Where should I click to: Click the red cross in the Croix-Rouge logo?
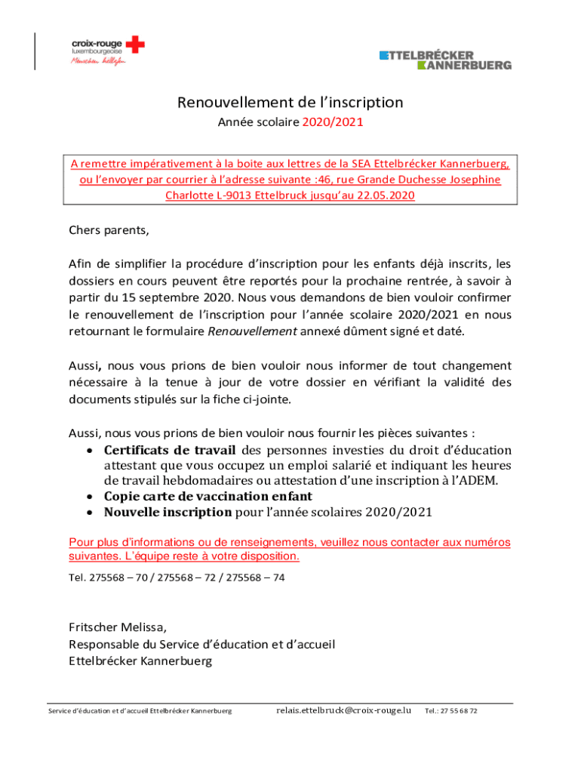[x=136, y=45]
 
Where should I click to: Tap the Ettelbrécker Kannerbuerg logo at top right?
[x=445, y=60]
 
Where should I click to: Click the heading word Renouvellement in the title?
[x=226, y=102]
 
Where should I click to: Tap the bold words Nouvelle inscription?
[x=168, y=512]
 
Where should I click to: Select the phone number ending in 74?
[x=256, y=577]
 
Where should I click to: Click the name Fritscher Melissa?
[x=117, y=627]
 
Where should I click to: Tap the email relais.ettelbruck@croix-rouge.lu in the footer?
[x=343, y=710]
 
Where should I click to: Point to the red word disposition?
[x=268, y=557]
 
